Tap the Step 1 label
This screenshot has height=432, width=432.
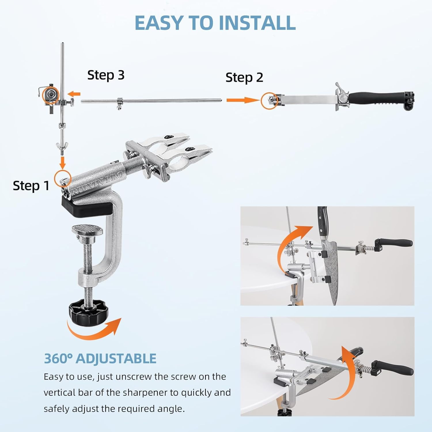(x=31, y=186)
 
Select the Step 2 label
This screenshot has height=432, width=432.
(x=244, y=77)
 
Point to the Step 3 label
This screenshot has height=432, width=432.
(x=106, y=75)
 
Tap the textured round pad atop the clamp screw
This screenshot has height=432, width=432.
(x=87, y=230)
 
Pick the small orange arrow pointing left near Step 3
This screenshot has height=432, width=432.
(x=74, y=94)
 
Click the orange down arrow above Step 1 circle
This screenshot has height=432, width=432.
(x=62, y=162)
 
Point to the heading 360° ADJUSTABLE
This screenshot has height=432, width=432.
(x=100, y=359)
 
